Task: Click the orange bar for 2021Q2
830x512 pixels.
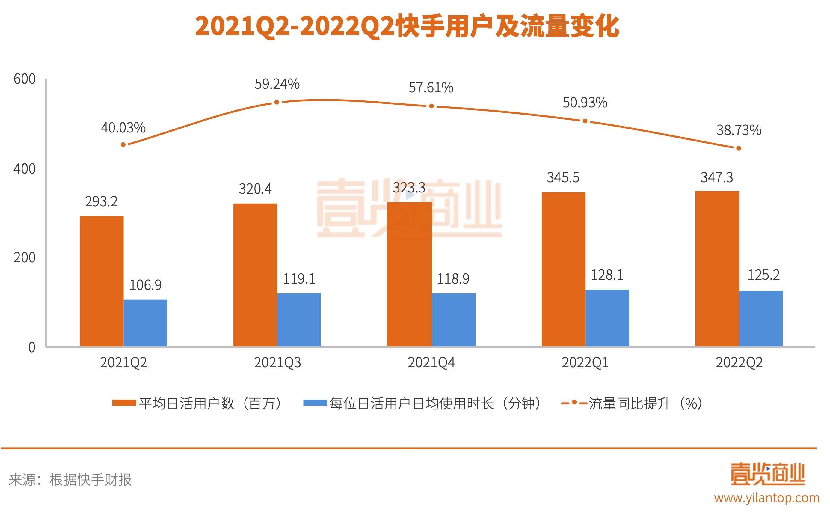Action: click(102, 281)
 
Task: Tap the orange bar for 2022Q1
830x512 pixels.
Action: click(563, 269)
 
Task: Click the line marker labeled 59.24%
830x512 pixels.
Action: click(277, 102)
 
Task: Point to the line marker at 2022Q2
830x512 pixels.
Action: click(739, 148)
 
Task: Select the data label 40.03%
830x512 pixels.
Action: click(123, 128)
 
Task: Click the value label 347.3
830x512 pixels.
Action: click(717, 177)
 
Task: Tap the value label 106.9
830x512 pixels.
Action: click(146, 285)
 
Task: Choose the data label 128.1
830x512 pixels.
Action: click(607, 275)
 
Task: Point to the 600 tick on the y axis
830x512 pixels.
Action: click(24, 79)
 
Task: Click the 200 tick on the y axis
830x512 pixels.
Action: click(24, 258)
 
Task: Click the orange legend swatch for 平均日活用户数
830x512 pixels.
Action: click(124, 403)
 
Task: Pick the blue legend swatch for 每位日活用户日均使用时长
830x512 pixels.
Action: click(315, 403)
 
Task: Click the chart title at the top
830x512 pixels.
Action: click(407, 26)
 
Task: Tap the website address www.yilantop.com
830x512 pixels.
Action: click(767, 498)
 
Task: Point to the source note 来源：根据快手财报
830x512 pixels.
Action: click(70, 480)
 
